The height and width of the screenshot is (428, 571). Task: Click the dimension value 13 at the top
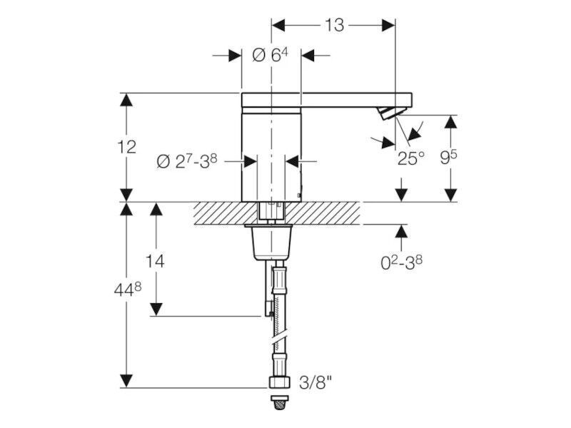334,25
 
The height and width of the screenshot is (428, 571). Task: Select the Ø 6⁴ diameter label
270,56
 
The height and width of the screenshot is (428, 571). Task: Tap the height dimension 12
126,147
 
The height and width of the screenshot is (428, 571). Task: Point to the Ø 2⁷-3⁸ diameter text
187,161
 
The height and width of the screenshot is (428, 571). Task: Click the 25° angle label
411,158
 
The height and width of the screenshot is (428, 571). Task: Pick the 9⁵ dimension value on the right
448,157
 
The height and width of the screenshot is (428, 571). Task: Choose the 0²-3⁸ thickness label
402,262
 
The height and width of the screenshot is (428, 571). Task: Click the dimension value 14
155,261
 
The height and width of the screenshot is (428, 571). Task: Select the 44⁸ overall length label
128,290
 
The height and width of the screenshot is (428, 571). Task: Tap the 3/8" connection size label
315,382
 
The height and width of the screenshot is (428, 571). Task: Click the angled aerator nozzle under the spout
389,113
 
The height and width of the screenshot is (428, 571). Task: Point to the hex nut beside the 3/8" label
280,382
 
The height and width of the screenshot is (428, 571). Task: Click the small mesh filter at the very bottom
280,403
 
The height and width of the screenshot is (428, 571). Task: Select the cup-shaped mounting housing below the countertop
269,243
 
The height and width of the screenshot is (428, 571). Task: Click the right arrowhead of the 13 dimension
388,26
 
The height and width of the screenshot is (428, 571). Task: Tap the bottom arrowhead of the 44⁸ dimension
126,381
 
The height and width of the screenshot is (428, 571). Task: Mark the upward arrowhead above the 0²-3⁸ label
401,231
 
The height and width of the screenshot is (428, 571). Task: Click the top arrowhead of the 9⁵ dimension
451,122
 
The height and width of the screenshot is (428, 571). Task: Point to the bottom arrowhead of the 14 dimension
156,309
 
